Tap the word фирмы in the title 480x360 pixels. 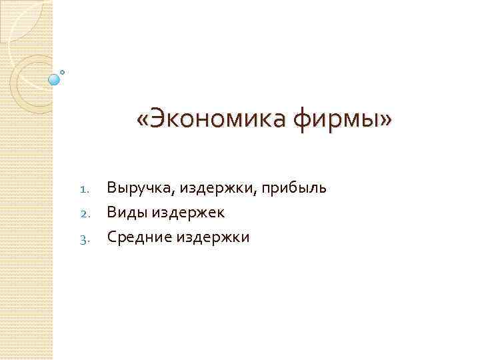(335, 120)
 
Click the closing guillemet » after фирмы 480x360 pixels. (387, 120)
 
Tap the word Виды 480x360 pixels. (127, 213)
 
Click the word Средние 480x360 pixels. (138, 237)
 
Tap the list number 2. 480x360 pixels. (83, 213)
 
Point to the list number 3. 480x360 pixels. (83, 238)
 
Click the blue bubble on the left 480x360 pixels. (54, 79)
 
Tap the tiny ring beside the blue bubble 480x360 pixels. (63, 71)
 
